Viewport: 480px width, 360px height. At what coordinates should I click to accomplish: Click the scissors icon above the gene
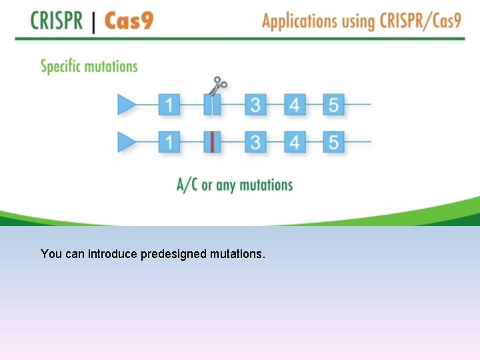coord(219,86)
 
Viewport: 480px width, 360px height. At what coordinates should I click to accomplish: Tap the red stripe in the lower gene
coord(212,142)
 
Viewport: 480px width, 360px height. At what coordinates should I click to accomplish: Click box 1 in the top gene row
coord(169,105)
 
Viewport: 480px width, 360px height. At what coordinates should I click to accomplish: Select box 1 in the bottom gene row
coord(169,142)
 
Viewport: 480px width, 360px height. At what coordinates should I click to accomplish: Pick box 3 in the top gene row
coord(255,105)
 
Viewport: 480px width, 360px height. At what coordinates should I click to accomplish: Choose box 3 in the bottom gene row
coord(255,142)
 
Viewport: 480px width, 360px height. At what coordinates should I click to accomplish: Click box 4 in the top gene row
coord(295,105)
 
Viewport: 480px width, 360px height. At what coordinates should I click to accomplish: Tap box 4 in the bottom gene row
coord(295,142)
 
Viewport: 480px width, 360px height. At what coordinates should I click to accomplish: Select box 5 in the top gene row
coord(334,105)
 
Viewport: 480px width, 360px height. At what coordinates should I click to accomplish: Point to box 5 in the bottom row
coord(334,142)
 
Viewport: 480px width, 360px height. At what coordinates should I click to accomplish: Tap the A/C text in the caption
coord(187,185)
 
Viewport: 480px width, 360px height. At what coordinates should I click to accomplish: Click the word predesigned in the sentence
coord(174,254)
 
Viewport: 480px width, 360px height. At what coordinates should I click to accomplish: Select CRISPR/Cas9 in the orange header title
coord(420,21)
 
